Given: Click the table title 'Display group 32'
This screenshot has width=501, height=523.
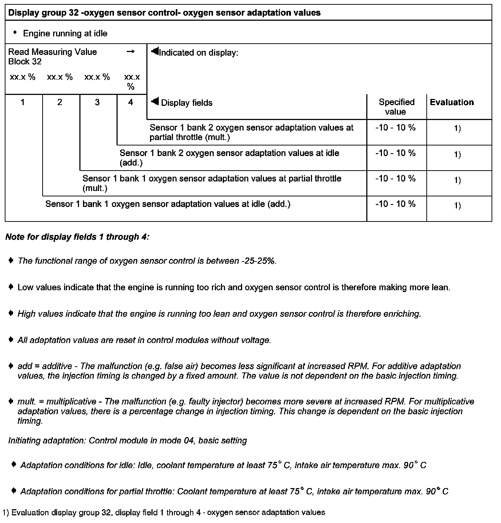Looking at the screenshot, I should (164, 13).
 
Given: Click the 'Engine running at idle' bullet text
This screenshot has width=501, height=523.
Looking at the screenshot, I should (65, 34).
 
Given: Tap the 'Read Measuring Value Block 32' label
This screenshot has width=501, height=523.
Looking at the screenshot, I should (52, 57).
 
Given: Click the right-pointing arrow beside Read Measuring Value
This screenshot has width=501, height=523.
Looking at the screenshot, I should (130, 52).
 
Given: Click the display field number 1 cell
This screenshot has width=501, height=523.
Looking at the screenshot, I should (23, 103).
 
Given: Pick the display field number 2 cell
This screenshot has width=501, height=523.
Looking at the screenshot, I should (60, 103).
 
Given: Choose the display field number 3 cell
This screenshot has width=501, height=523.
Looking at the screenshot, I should (97, 103).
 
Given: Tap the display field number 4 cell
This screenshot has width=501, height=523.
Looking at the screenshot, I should (131, 103).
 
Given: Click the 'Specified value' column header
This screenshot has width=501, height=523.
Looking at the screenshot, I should (396, 107).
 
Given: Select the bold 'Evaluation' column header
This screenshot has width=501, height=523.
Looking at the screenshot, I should (452, 103).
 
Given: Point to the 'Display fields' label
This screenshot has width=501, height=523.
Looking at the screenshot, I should (186, 103).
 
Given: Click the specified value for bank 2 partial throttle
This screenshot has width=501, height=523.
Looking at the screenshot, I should (395, 128).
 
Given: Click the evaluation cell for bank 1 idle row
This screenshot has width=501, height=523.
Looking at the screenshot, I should (457, 206).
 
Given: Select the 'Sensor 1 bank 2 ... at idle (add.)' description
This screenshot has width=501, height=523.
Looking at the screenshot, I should (229, 158).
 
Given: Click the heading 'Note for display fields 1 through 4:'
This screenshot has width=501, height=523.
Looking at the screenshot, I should (77, 237).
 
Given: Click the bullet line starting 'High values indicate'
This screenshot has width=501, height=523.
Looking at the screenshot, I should (219, 314).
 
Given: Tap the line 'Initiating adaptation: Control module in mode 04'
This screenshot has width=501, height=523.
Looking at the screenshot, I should (127, 441).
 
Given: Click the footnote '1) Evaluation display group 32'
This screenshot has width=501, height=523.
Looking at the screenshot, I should (163, 513).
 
